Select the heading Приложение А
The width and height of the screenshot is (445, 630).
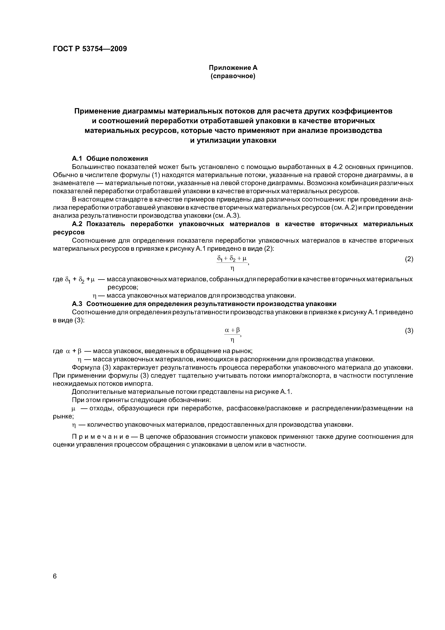coord(233,68)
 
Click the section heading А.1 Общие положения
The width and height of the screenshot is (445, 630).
coord(110,159)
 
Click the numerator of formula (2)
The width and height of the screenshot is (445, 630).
coord(232,258)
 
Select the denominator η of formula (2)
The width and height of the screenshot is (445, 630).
coord(233,268)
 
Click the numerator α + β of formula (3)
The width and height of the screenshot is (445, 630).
coord(232,330)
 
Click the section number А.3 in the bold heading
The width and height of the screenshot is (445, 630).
coord(77,304)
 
